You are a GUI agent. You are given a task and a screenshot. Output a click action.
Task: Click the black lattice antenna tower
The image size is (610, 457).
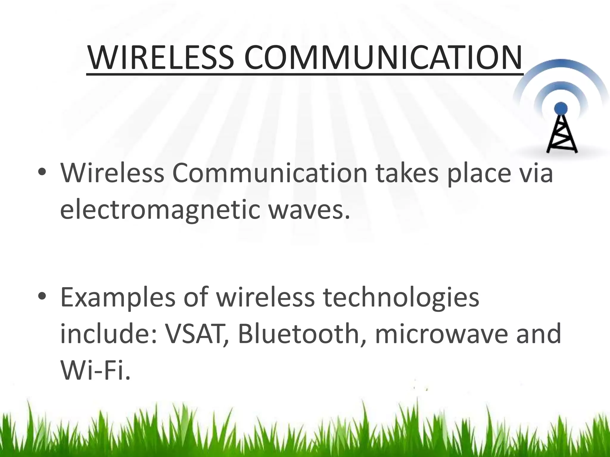click(561, 134)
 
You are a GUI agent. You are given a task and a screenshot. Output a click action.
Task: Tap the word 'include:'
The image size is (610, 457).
click(108, 334)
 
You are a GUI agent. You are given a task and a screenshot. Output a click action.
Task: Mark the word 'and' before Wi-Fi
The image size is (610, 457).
click(539, 334)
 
